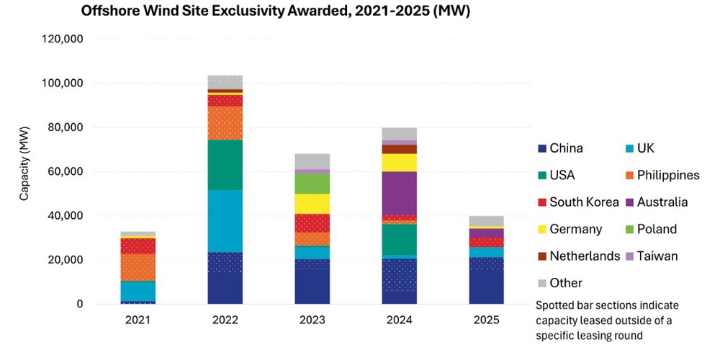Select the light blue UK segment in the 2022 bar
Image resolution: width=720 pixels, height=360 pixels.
[x=225, y=221]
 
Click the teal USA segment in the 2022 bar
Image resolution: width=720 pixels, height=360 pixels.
[x=225, y=165]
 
